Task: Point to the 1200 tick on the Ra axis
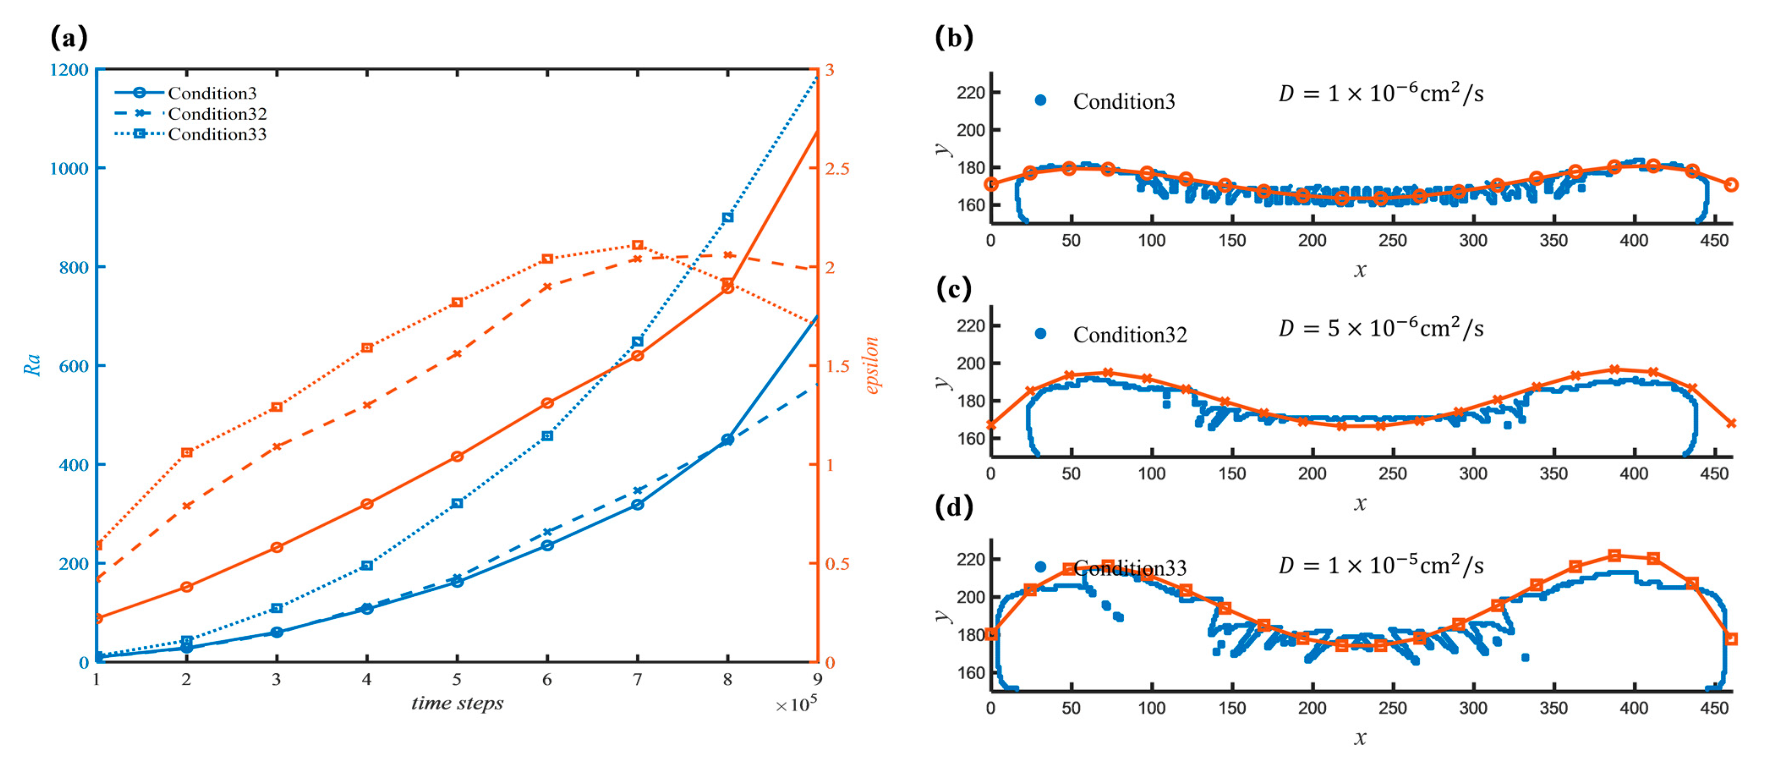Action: tap(69, 69)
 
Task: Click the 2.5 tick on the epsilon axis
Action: tap(838, 168)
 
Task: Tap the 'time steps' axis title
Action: tap(457, 703)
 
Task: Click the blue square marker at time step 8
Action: tap(727, 217)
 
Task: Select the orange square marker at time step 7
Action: tap(637, 246)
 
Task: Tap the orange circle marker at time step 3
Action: tap(276, 547)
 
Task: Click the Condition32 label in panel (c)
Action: tap(1130, 335)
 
